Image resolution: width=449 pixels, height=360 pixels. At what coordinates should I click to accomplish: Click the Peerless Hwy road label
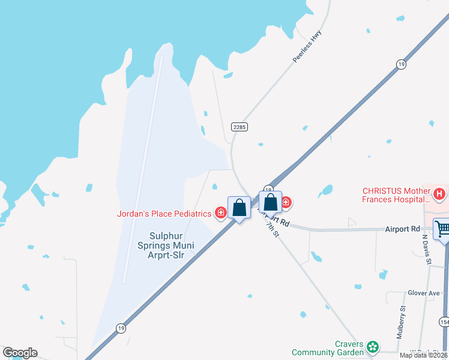(x=308, y=46)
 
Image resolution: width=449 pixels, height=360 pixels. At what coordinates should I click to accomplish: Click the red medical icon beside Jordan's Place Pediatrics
(x=221, y=213)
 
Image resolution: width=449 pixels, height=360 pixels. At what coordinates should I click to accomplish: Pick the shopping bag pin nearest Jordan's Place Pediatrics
(x=239, y=208)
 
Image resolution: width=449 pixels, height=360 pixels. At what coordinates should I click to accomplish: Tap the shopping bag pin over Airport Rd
(x=271, y=202)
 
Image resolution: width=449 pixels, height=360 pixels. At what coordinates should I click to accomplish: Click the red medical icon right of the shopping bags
(x=286, y=203)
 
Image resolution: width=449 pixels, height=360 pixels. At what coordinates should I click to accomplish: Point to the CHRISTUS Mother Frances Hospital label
(x=396, y=195)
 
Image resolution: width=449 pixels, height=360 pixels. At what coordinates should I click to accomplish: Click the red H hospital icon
(x=440, y=194)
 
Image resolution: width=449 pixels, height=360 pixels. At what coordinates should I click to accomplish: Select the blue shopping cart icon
(x=442, y=229)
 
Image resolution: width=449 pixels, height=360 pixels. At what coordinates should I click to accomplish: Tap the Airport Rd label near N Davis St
(x=402, y=229)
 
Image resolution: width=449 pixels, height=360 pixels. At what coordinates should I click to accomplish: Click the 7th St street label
(x=273, y=230)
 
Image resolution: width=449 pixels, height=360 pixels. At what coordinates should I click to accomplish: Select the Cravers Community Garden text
(x=328, y=348)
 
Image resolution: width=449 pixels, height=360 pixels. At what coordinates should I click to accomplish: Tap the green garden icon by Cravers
(x=373, y=347)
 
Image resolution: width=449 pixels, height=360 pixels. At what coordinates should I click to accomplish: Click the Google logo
(x=20, y=353)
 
